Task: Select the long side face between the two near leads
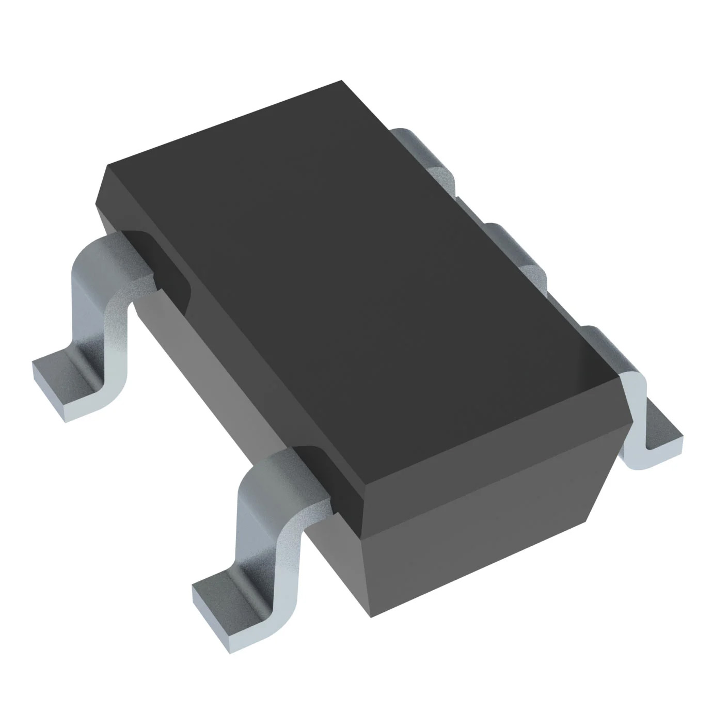pyautogui.click(x=227, y=372)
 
